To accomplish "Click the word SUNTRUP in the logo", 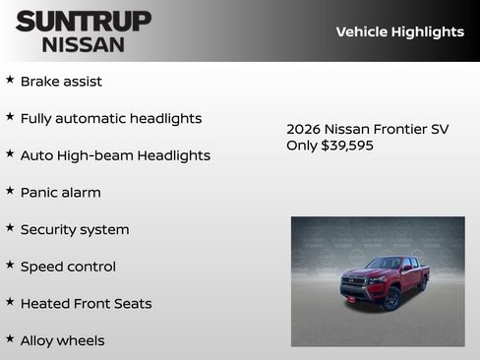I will click(84, 21).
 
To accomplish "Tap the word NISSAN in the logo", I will click(84, 44).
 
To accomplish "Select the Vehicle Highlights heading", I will click(399, 31).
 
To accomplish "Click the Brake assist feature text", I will click(61, 82).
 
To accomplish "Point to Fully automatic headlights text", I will click(111, 118).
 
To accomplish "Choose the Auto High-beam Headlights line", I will click(115, 155).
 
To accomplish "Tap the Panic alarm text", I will click(61, 193).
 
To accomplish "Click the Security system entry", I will click(75, 229).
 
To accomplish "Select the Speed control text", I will click(68, 267).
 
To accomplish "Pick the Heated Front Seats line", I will click(87, 304).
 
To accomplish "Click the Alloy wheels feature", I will click(62, 340).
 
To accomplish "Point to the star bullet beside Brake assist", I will click(10, 80).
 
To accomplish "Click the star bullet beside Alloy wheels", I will click(10, 338).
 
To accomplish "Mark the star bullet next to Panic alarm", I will click(10, 191).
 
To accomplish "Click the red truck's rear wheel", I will click(422, 284).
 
